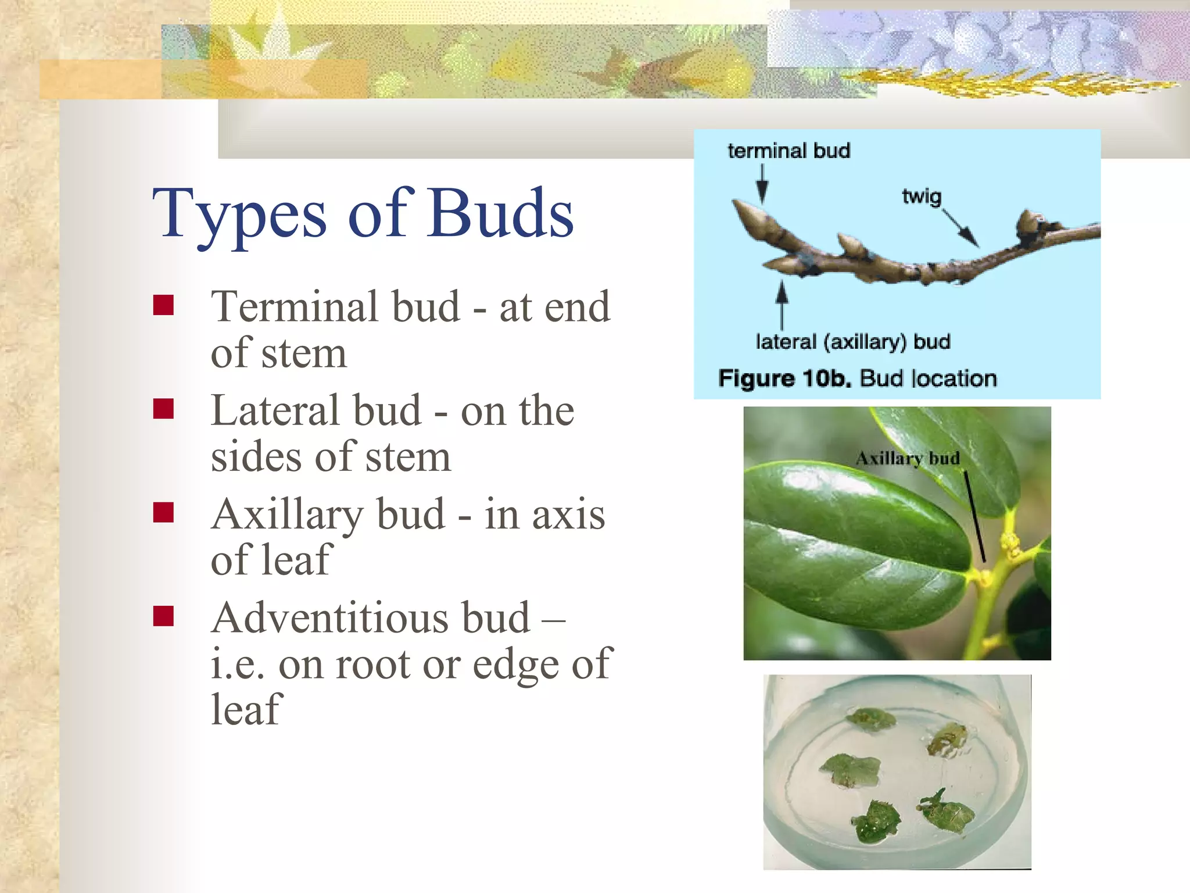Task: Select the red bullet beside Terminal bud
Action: (x=163, y=305)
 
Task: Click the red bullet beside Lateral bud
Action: (x=163, y=409)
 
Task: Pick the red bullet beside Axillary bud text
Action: (x=163, y=513)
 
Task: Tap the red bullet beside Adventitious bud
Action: (x=163, y=616)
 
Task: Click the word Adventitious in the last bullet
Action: (x=370, y=617)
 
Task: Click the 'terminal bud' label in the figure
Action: (x=788, y=151)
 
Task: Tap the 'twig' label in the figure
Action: (x=922, y=197)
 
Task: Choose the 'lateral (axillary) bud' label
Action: (x=852, y=341)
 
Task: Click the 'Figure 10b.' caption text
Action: (x=784, y=378)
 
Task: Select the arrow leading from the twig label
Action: (x=960, y=228)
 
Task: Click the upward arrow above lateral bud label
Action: (x=782, y=305)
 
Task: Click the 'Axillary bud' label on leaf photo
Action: (x=907, y=459)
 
